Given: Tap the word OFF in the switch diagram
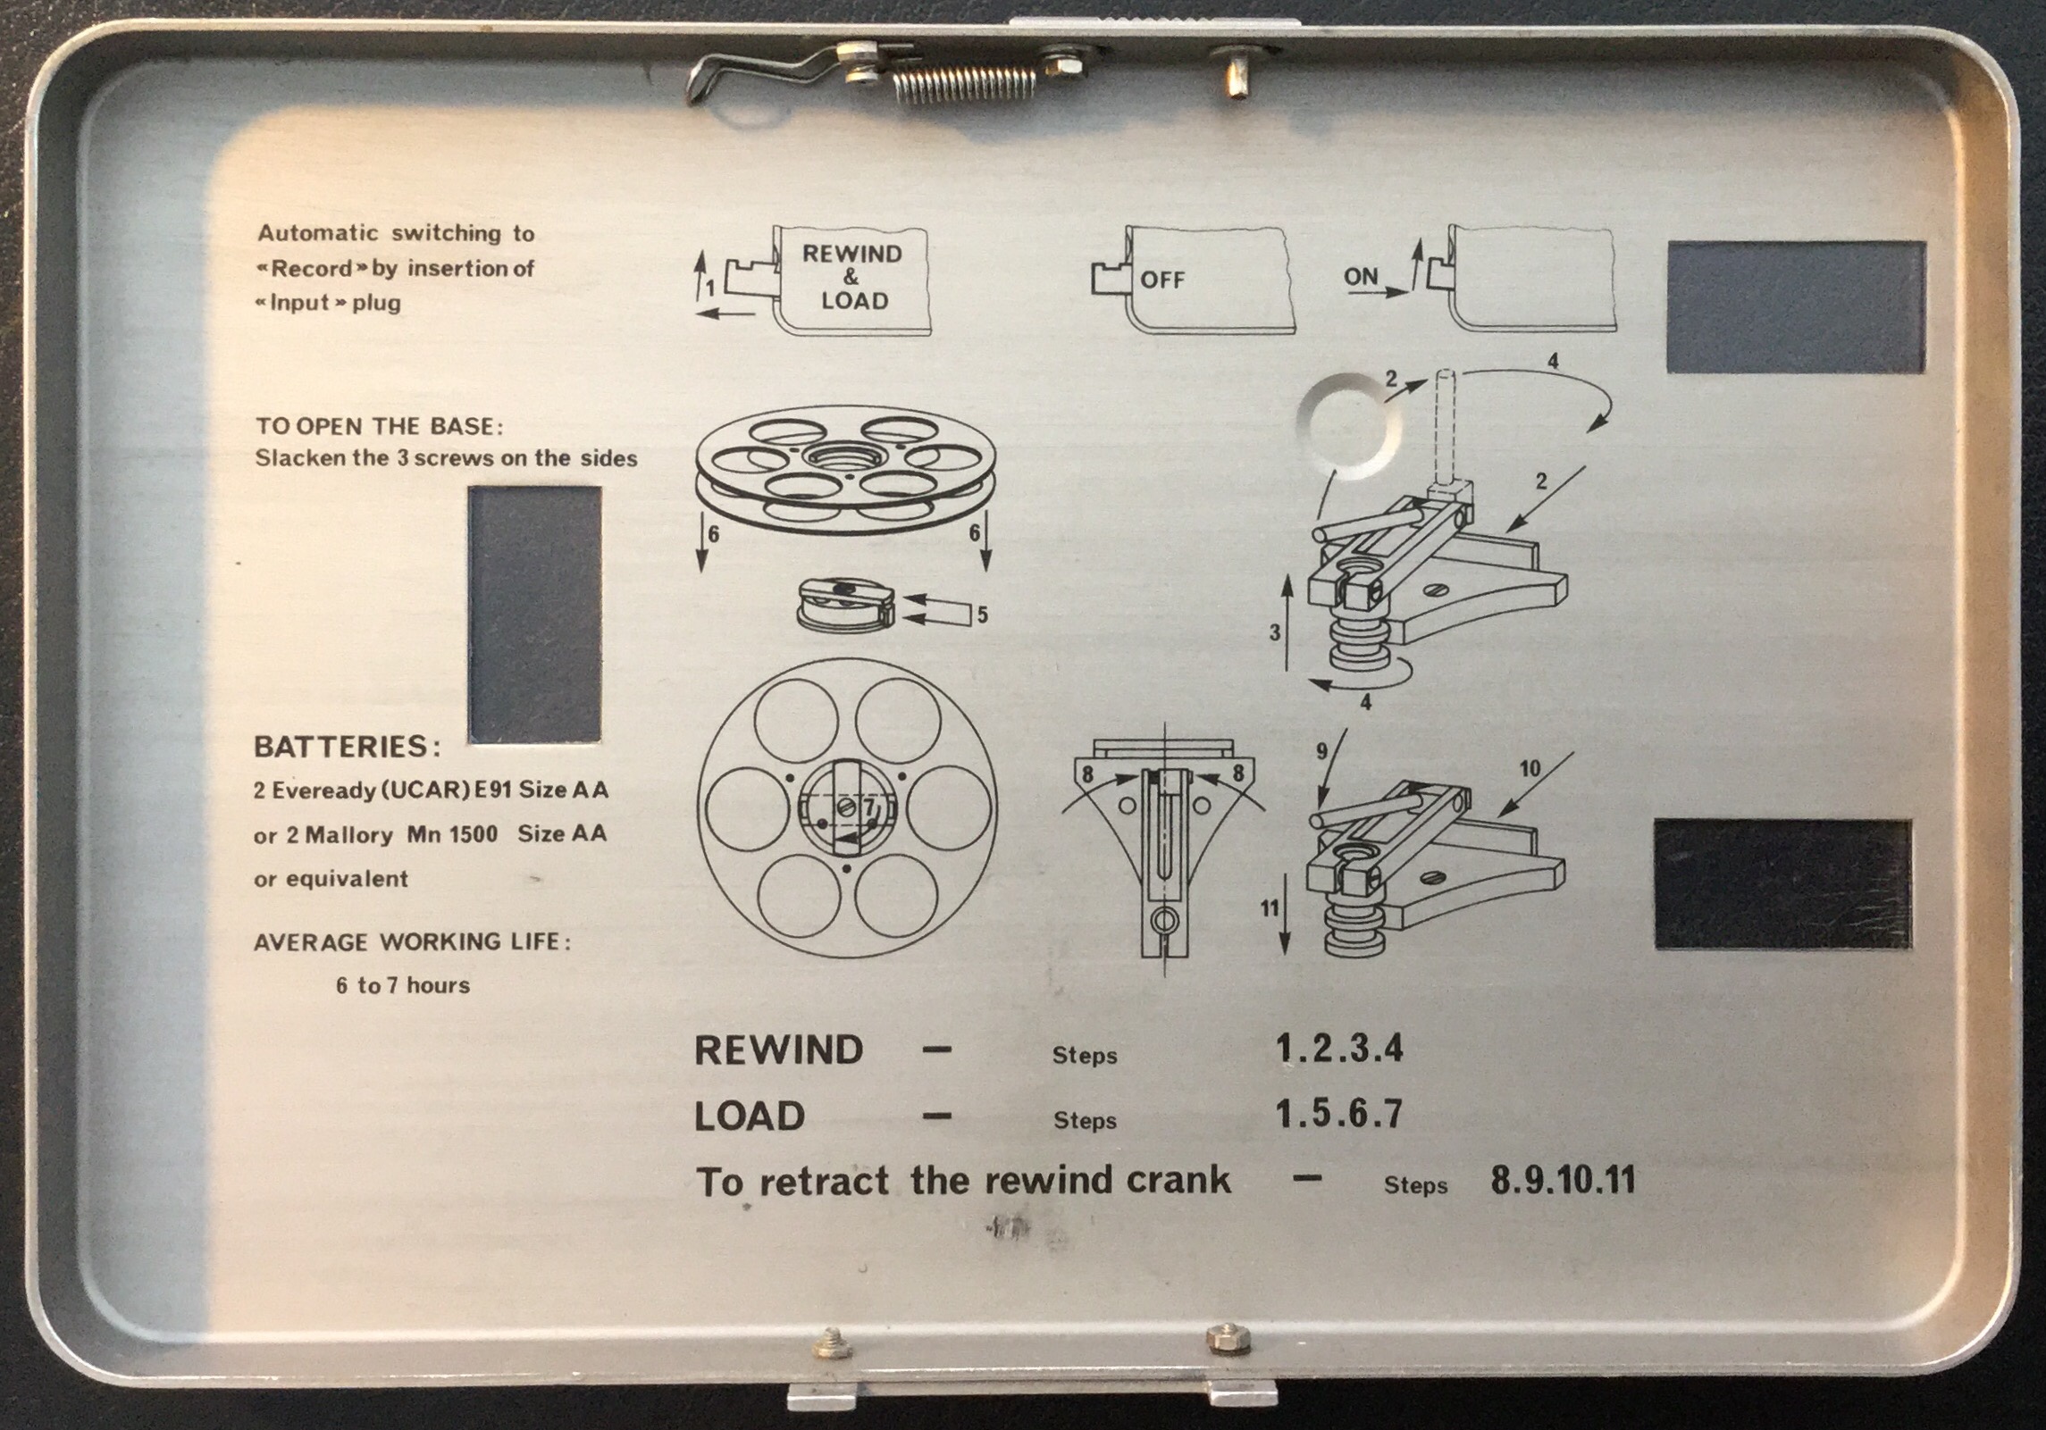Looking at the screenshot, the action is point(1161,280).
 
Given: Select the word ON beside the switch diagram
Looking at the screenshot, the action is point(1361,277).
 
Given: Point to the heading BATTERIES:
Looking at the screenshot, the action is point(347,747).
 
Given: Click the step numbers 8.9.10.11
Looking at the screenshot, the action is point(1563,1179).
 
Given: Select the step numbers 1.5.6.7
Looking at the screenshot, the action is point(1338,1114).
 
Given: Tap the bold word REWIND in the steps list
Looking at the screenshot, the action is point(778,1050).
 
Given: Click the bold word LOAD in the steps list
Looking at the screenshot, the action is point(750,1116).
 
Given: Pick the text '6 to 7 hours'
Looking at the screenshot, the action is point(403,985).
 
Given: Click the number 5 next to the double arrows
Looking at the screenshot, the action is point(982,615).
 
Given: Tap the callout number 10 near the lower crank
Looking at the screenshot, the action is point(1530,768).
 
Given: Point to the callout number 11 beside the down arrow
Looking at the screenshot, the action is point(1270,908).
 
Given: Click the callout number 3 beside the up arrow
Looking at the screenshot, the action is point(1275,632).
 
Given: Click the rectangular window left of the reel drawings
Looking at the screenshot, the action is point(534,615).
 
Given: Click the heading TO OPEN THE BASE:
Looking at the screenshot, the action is point(379,426).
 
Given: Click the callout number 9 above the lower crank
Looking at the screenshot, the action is point(1322,752).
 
